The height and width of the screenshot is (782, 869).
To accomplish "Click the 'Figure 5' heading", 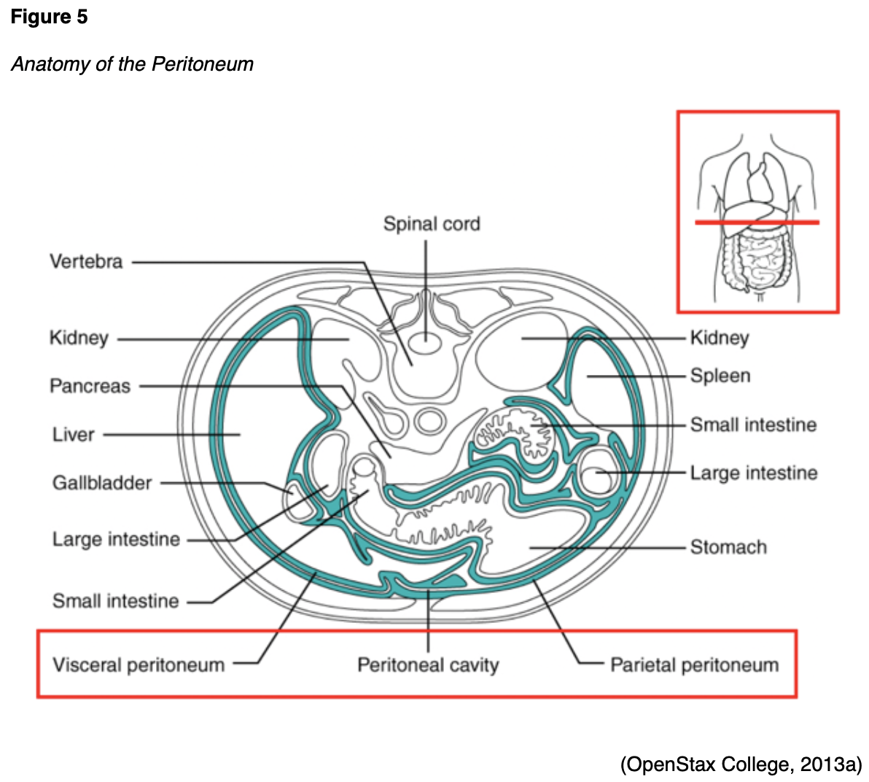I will (49, 17).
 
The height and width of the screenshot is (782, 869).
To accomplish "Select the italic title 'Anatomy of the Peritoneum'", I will (132, 64).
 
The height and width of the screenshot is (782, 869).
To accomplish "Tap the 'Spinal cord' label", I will (432, 224).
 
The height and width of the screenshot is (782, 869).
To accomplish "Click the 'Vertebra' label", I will (86, 262).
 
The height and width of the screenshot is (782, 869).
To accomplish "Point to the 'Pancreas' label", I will (90, 386).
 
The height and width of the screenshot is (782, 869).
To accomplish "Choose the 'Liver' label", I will (73, 435).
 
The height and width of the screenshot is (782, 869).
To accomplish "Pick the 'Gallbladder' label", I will (102, 483).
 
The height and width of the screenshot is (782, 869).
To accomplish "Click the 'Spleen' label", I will (720, 376).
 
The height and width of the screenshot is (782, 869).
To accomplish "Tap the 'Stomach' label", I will (728, 547).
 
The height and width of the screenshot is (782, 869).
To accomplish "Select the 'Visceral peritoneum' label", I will (139, 665).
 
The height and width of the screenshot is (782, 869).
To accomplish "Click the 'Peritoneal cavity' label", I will (428, 665).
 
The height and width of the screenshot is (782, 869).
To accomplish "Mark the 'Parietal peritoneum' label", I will (694, 665).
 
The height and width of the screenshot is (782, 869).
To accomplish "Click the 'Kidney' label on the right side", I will (719, 338).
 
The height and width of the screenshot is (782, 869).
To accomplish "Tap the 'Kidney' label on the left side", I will (79, 338).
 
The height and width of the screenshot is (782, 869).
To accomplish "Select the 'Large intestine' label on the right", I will (753, 473).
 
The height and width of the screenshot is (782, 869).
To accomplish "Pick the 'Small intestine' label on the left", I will (115, 601).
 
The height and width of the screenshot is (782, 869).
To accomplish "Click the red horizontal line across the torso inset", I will (756, 222).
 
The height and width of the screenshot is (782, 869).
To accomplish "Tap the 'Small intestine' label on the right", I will (753, 425).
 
